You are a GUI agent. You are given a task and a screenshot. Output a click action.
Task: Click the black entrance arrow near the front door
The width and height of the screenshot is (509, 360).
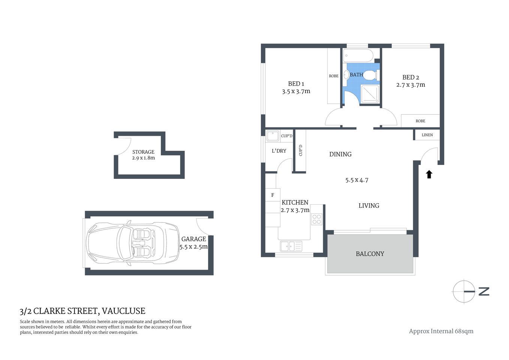point(429,174)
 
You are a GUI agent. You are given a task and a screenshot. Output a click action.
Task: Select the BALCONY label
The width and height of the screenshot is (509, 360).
point(370,254)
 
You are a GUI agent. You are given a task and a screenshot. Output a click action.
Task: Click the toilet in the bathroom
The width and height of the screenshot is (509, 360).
point(371,75)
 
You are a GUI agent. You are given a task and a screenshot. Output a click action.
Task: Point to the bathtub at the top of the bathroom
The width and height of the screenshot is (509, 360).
point(358,56)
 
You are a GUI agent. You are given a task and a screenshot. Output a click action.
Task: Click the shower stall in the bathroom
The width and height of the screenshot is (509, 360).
point(370,93)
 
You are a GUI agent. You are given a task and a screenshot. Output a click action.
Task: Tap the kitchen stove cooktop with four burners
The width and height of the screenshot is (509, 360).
point(316,219)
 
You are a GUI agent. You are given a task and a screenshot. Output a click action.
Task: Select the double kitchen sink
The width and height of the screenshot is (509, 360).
point(291,246)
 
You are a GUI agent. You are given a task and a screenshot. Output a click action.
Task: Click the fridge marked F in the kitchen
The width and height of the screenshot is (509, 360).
point(272,195)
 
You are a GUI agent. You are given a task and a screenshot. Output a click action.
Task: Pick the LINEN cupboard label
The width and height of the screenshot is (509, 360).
point(427,135)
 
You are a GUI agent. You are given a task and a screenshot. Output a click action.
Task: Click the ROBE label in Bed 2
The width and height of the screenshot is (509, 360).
point(420,121)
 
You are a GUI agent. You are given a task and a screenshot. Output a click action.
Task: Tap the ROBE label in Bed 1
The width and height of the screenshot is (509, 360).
point(334,76)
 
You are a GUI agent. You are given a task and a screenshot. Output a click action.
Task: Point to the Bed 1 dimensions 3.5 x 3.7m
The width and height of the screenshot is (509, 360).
point(296,91)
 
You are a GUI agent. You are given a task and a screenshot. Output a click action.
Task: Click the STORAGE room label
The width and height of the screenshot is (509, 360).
point(143,152)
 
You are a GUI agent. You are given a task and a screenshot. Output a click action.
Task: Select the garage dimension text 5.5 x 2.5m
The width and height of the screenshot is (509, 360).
point(193,247)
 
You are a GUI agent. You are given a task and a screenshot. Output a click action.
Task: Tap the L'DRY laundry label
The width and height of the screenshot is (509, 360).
point(279,151)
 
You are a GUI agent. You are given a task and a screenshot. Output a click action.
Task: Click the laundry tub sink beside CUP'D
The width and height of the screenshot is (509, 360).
point(272,135)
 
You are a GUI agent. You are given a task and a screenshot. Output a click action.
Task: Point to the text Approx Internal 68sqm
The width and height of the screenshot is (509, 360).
point(441,331)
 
